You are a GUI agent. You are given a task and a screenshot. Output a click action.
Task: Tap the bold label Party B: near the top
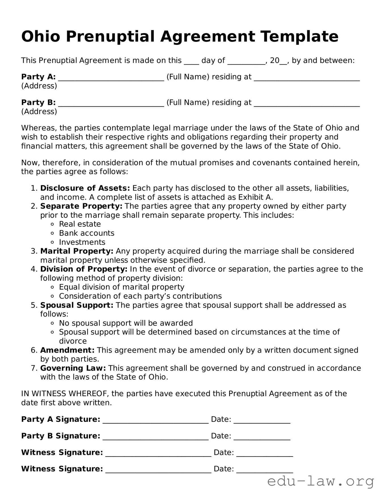[x=38, y=102]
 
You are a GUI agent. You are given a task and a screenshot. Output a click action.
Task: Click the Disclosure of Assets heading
[x=85, y=188]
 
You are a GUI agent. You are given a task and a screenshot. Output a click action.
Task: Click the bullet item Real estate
[x=80, y=224]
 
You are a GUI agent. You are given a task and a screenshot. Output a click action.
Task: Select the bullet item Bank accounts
[x=86, y=233]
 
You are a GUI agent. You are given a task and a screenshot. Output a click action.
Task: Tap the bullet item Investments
[x=82, y=242]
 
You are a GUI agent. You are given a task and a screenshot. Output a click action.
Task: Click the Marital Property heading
[x=77, y=251]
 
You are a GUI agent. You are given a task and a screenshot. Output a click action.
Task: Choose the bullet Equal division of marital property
[x=122, y=287]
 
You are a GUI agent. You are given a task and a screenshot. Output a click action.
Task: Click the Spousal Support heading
[x=77, y=305]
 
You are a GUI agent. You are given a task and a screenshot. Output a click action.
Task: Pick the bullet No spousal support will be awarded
[x=126, y=323]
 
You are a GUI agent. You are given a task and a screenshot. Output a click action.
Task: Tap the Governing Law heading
[x=73, y=368]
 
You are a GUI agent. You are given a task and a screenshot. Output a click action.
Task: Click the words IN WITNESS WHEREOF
[x=65, y=394]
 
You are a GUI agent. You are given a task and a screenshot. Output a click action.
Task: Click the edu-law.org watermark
[x=321, y=481]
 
